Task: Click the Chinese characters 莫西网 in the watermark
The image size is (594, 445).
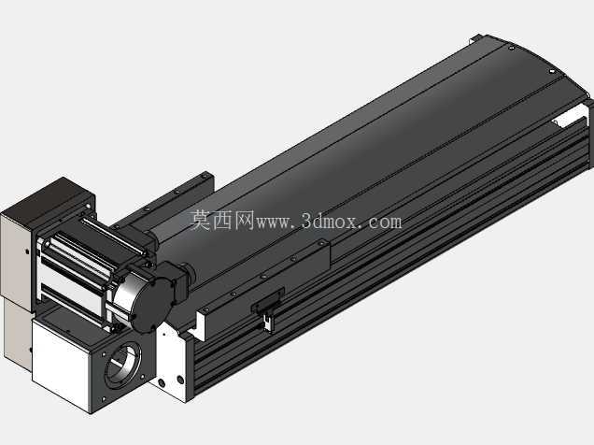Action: (x=221, y=221)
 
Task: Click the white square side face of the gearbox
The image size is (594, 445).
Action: (x=61, y=362)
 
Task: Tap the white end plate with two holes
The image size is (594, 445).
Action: (x=170, y=363)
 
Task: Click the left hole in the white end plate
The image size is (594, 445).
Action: (x=163, y=383)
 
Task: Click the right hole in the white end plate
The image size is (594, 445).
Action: (x=180, y=379)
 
